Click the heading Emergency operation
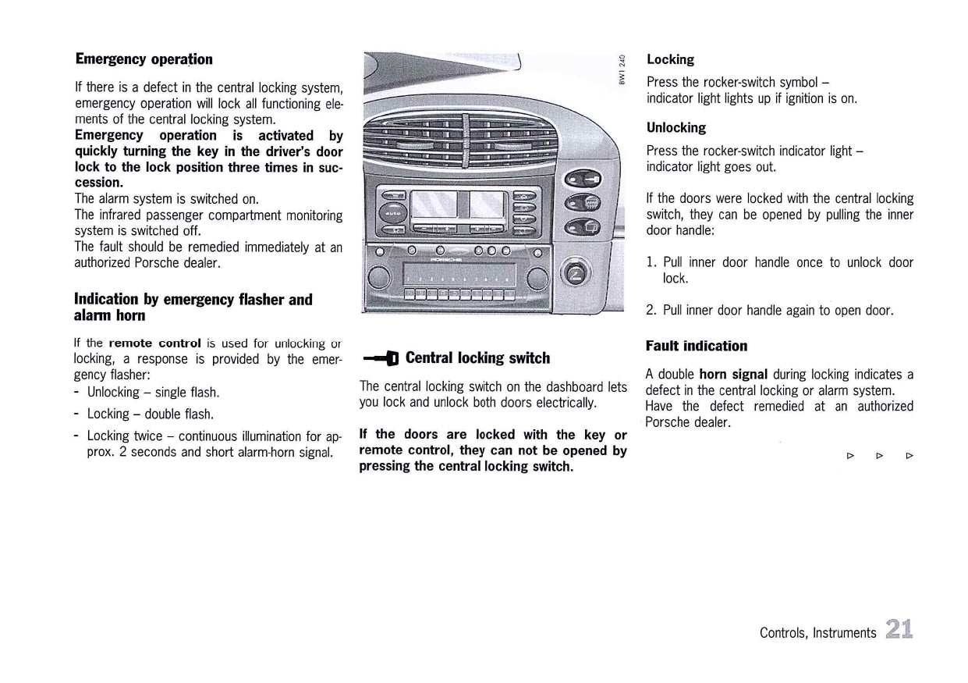pos(144,59)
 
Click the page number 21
pos(899,629)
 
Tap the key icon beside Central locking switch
pos(380,359)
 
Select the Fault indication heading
pos(696,346)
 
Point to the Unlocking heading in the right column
pos(675,127)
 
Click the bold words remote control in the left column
pos(154,343)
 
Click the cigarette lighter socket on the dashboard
pos(577,274)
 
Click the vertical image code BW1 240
pos(622,69)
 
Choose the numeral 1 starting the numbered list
pos(651,263)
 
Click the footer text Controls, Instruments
pos(817,633)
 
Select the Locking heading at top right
pos(670,59)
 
